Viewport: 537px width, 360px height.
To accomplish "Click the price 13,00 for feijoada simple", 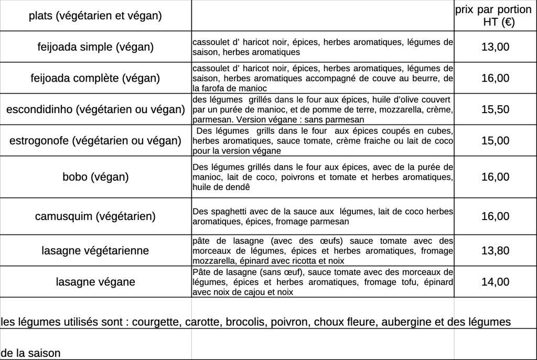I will pos(495,47).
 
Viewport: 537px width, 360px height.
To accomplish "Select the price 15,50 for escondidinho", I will pos(495,110).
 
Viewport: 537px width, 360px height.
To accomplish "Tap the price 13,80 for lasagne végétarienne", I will pos(495,250).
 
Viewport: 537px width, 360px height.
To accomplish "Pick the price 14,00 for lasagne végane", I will pos(495,282).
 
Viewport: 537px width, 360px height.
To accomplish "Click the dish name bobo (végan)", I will pos(95,177).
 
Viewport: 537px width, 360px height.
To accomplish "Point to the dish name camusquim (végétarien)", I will pos(95,216).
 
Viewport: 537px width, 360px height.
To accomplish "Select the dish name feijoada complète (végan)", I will pos(95,79).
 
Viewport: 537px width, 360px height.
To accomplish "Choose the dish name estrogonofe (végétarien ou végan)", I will pos(95,140).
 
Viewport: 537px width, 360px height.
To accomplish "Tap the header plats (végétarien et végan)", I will pos(95,16).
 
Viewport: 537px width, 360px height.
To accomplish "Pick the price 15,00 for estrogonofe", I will pos(495,140).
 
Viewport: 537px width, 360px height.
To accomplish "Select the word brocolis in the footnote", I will pos(246,321).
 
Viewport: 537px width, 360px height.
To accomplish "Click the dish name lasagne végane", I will pos(95,282).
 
